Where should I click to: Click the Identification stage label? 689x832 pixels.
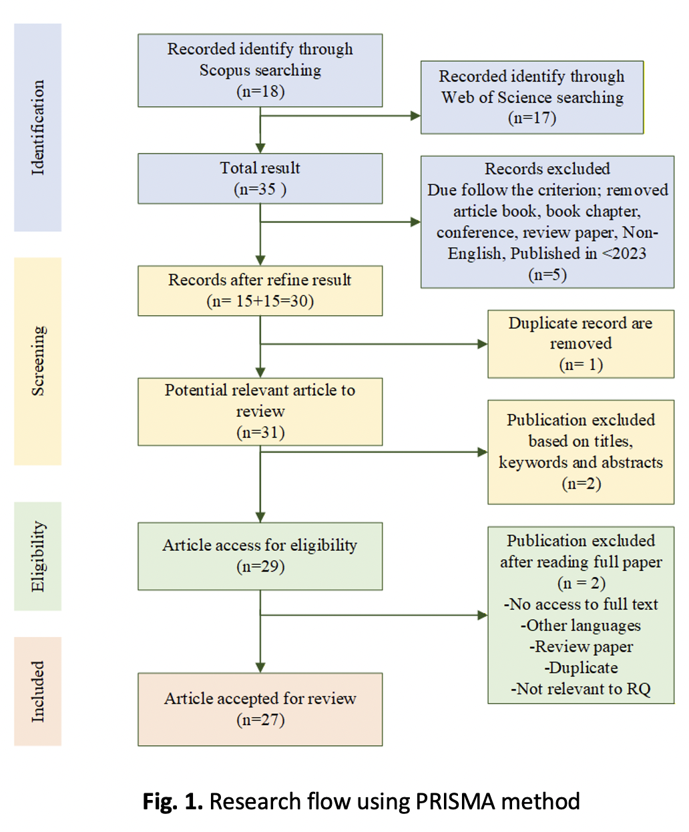coord(37,128)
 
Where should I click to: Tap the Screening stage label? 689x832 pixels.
coord(37,361)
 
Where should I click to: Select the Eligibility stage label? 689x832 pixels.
coord(37,556)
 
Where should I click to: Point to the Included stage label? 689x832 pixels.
coord(37,691)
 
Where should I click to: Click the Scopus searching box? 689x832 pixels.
coord(260,70)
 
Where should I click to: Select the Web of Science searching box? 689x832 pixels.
coord(531,97)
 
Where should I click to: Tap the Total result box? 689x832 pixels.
coord(260,178)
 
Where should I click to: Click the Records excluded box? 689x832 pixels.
coord(547,222)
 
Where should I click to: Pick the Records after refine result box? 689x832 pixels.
coord(260,290)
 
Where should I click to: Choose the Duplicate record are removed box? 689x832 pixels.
coord(580,344)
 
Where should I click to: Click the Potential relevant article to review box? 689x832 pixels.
coord(260,411)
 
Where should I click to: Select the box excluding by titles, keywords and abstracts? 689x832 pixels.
coord(580,451)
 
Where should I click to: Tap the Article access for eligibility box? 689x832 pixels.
coord(260,556)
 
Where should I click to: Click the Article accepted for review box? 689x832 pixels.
coord(260,708)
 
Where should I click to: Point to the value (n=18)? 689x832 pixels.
coord(260,91)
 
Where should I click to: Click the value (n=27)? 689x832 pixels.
coord(260,720)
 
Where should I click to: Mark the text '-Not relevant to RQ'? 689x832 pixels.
coord(580,689)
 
